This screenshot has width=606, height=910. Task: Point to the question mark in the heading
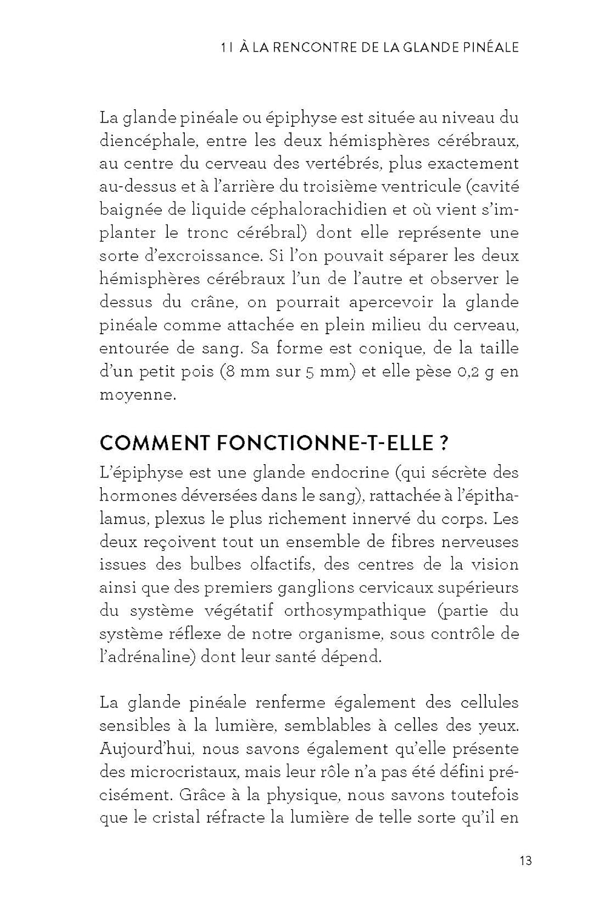[x=444, y=443]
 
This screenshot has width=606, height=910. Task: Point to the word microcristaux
[x=184, y=772]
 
